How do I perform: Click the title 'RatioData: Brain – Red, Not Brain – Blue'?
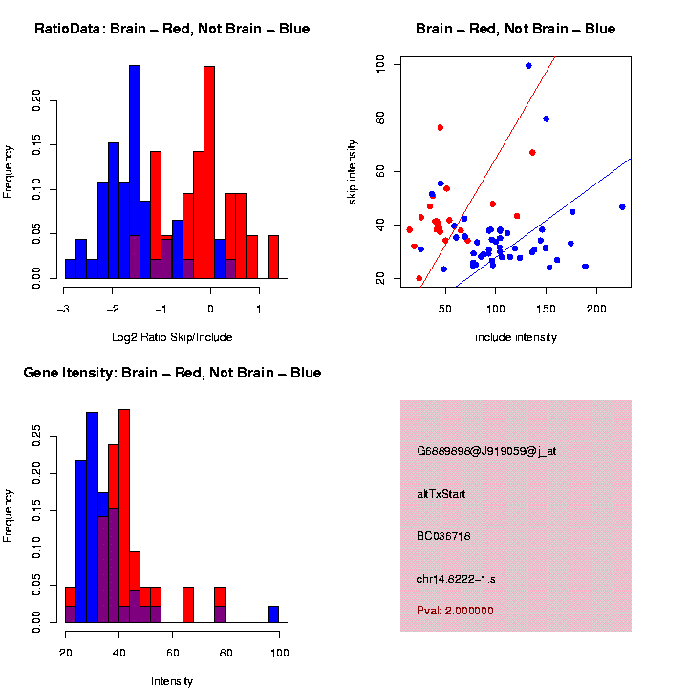tap(172, 29)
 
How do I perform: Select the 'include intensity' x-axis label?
tap(515, 337)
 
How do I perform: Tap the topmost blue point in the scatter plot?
tap(528, 65)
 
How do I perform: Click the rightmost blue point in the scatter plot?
tap(622, 206)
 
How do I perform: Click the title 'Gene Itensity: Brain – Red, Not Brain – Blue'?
tap(172, 373)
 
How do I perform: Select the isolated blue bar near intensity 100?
tap(273, 613)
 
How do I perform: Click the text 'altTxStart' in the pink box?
tap(441, 494)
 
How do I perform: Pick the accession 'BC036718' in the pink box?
tap(443, 536)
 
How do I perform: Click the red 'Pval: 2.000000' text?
tap(455, 610)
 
